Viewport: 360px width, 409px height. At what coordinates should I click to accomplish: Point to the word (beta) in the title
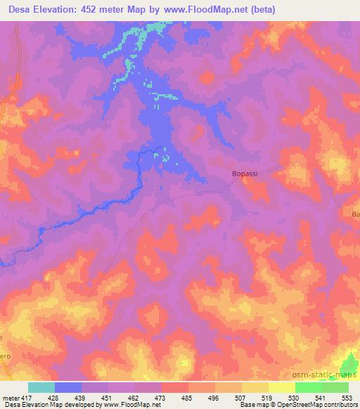(260, 9)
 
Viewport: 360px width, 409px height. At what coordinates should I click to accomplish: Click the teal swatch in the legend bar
(41, 387)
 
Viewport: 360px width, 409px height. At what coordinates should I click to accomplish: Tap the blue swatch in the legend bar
(68, 387)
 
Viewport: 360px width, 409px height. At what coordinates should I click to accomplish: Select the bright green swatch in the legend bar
(308, 387)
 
